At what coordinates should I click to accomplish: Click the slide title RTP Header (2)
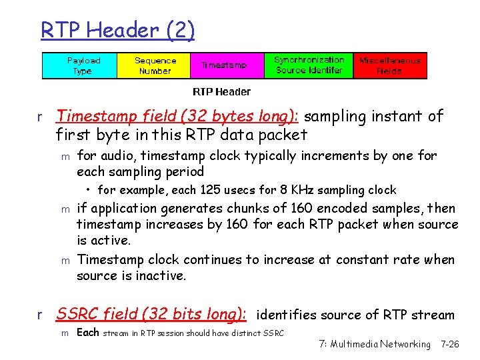[117, 31]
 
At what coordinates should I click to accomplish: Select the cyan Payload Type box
[80, 66]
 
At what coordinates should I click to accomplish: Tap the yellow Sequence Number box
[155, 66]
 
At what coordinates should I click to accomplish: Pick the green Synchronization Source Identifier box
[309, 65]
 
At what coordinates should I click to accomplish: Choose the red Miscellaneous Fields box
[390, 65]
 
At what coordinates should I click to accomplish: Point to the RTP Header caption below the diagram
[221, 91]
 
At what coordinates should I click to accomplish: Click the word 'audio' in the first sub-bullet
[114, 156]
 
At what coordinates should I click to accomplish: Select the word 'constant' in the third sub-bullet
[366, 260]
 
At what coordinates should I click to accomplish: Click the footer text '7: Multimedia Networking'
[374, 344]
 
